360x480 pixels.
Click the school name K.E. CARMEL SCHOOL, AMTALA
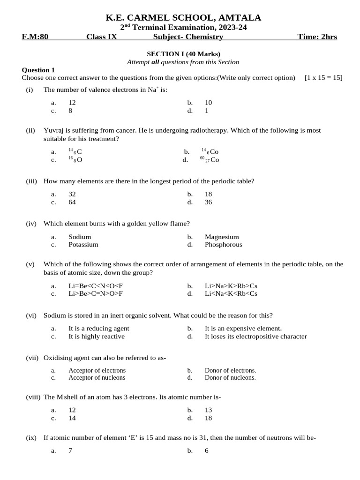click(183, 18)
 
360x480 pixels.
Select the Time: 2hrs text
click(317, 37)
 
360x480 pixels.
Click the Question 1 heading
click(38, 70)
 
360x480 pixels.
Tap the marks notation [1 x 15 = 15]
click(323, 78)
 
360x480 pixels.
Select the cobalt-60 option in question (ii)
click(210, 160)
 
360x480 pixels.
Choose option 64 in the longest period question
click(72, 202)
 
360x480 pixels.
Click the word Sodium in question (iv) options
click(80, 237)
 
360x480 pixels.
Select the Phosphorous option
click(223, 244)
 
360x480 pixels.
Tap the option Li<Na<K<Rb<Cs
click(231, 293)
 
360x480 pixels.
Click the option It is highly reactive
click(97, 336)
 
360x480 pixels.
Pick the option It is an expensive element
click(243, 328)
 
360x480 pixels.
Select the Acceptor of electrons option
click(97, 370)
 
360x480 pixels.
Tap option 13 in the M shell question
click(209, 410)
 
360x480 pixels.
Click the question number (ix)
click(31, 438)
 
